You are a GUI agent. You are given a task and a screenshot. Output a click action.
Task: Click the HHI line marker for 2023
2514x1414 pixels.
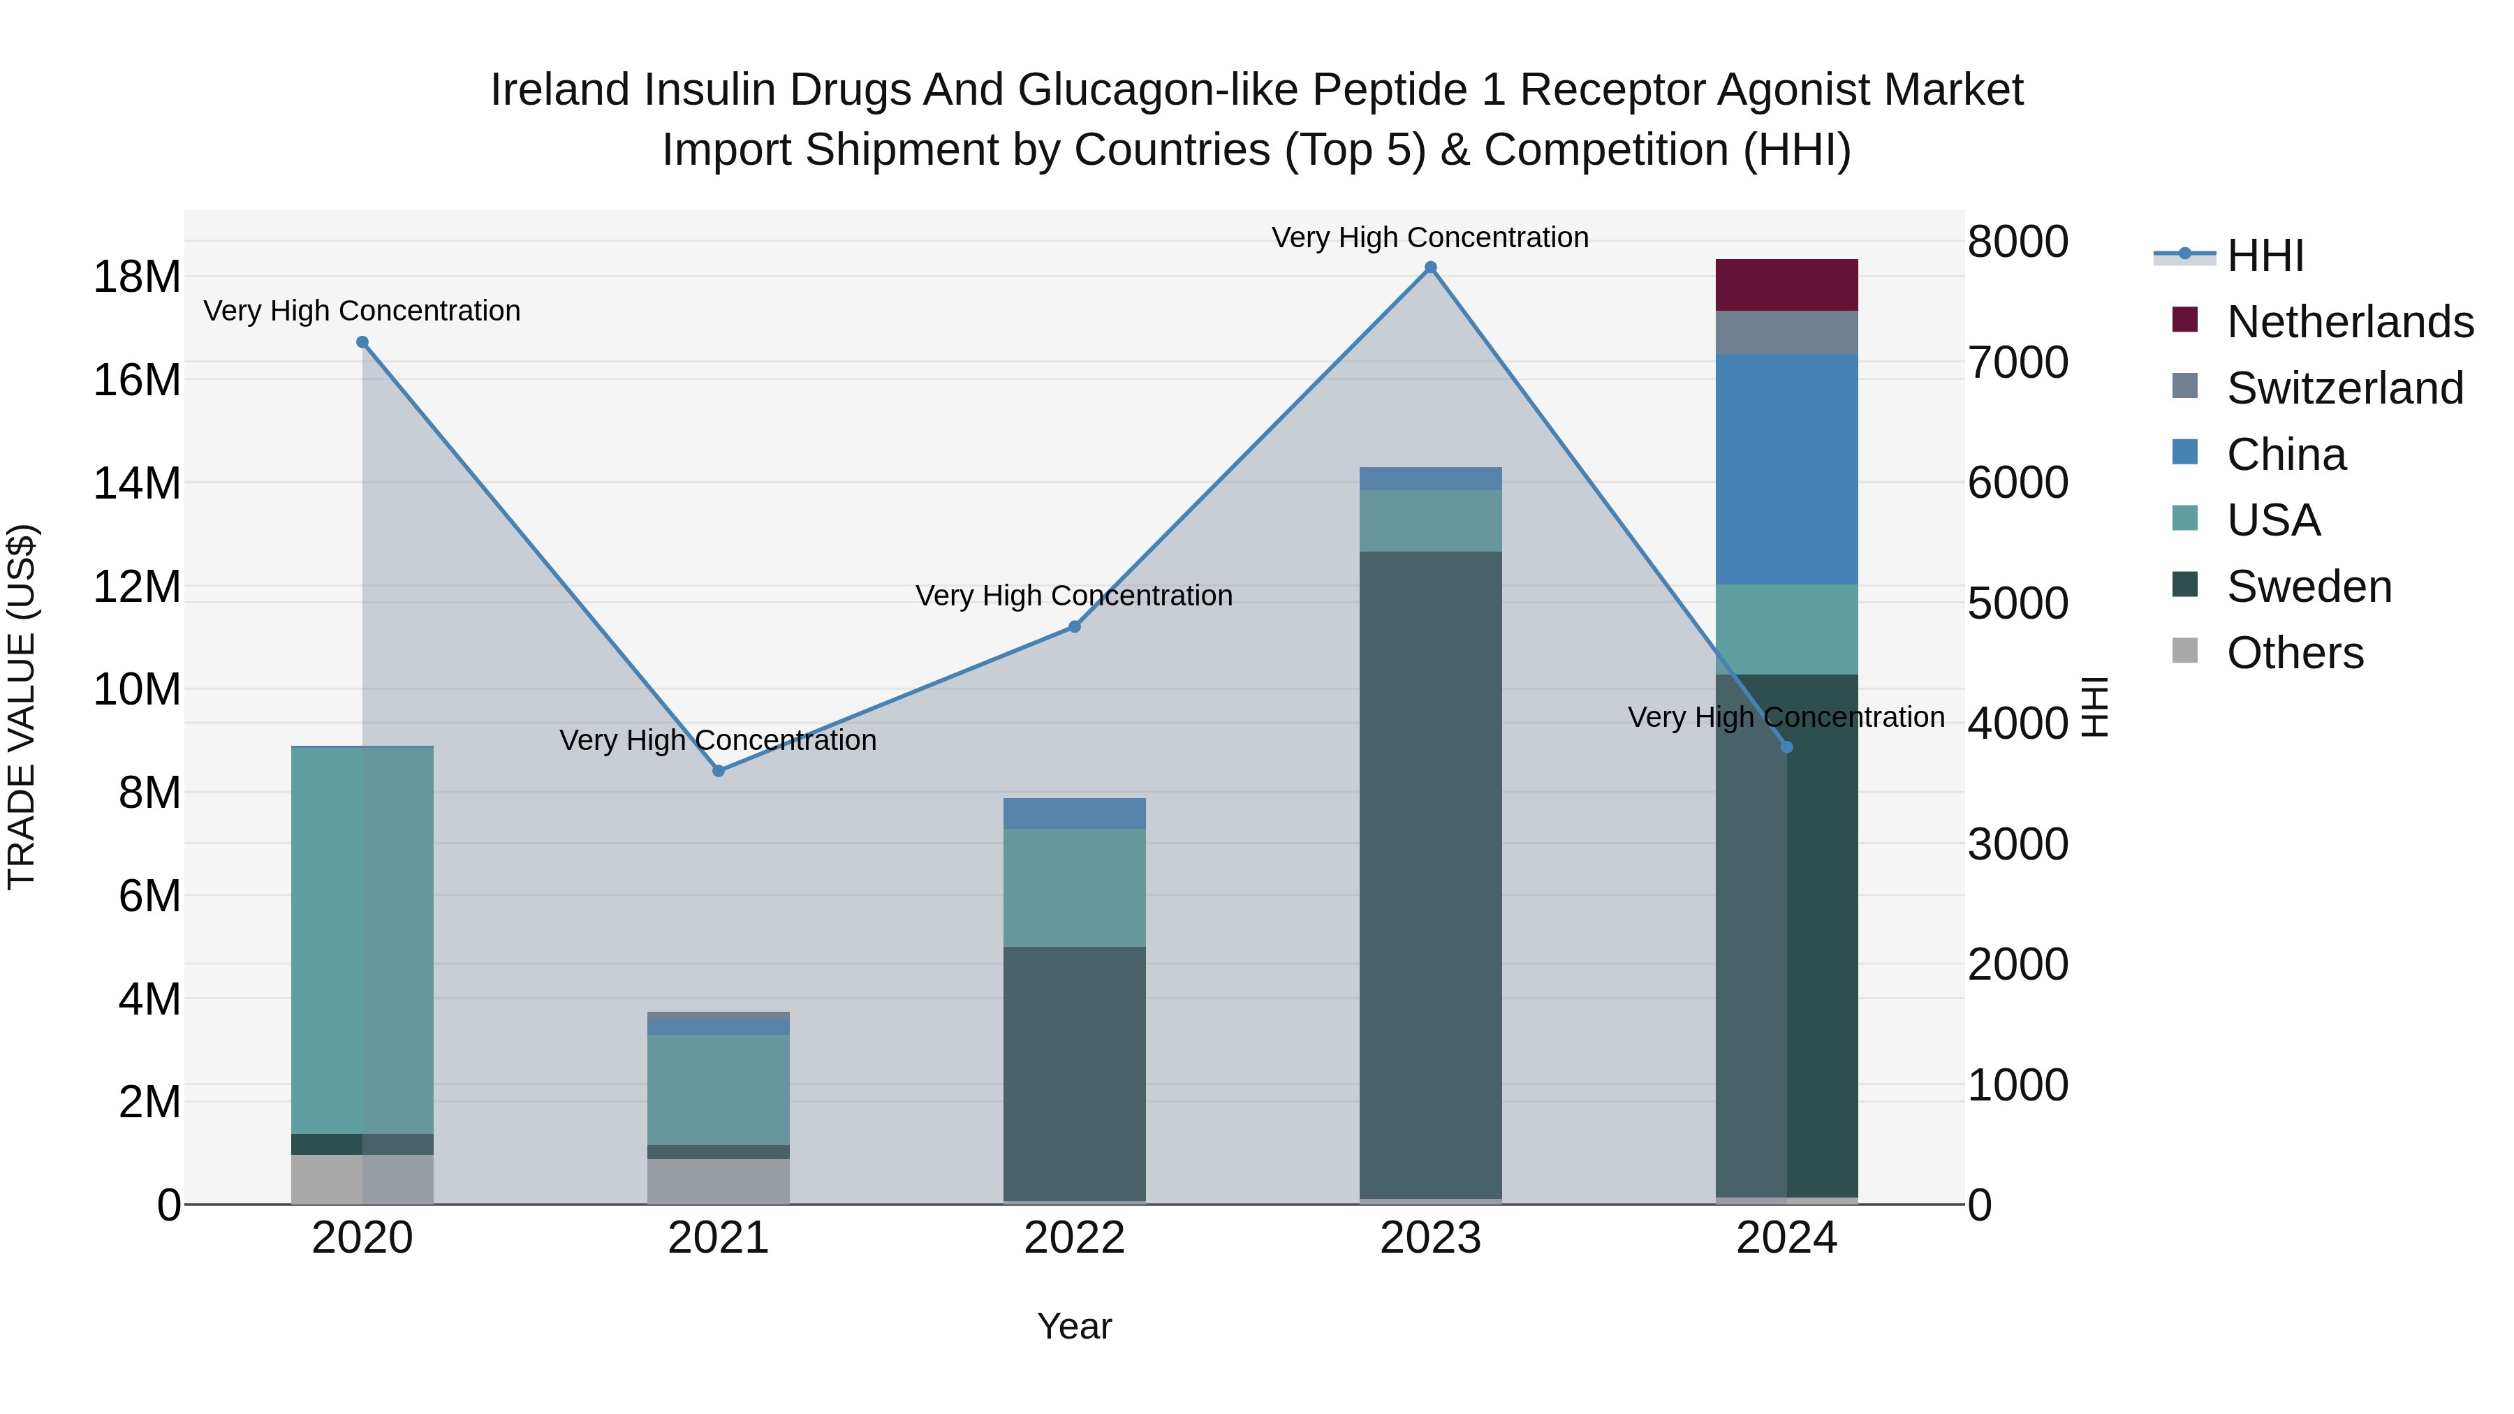(x=1431, y=267)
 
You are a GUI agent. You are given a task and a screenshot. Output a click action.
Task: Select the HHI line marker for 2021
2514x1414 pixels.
(x=719, y=771)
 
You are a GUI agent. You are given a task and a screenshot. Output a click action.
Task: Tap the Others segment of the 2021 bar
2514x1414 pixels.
(x=719, y=1181)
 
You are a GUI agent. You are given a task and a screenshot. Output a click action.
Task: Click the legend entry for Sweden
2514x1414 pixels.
(x=2309, y=587)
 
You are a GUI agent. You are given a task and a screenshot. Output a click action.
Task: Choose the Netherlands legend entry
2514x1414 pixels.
(x=2350, y=322)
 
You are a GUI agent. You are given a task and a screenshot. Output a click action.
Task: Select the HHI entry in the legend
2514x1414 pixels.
(x=2264, y=256)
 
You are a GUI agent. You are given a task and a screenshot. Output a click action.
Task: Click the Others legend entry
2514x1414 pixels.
(x=2295, y=653)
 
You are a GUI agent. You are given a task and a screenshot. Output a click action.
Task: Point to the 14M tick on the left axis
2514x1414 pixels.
(x=137, y=483)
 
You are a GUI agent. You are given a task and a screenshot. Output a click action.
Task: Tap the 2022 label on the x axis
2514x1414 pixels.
(x=1075, y=1238)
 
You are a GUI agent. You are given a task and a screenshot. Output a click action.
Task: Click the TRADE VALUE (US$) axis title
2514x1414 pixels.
(x=22, y=707)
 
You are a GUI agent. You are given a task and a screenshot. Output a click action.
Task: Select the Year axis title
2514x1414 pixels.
(x=1075, y=1326)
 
